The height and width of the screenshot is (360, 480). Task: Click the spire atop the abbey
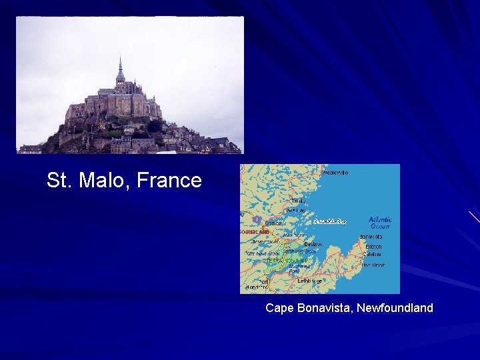120,67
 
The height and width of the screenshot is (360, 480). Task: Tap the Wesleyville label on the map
335,173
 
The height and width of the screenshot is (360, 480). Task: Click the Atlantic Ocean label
380,223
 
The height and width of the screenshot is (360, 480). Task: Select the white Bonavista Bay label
329,221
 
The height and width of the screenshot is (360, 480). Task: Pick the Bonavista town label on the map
371,237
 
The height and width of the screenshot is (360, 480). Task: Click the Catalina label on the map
372,254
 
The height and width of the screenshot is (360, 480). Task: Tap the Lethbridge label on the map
309,281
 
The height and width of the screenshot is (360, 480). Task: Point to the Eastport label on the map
313,244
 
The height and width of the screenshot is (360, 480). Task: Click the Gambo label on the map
274,223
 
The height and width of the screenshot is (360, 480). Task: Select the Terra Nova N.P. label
281,261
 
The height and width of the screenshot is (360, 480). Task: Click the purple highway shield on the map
256,219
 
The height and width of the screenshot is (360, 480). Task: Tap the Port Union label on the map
373,265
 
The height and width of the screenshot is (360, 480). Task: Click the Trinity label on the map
298,201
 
